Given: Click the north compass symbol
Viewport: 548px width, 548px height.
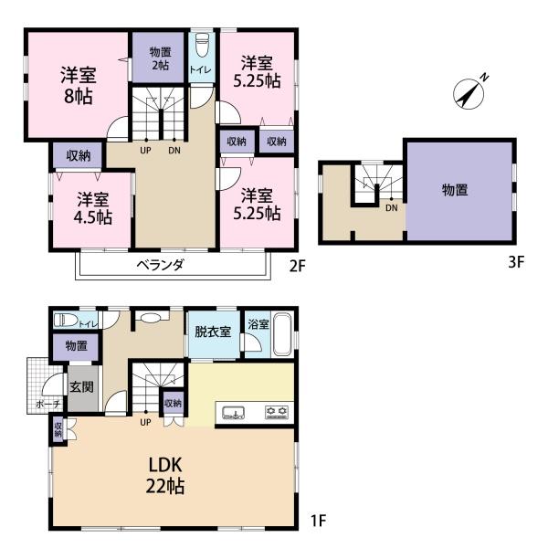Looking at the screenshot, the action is point(469,92).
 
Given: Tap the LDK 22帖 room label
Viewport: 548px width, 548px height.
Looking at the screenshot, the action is point(165,476).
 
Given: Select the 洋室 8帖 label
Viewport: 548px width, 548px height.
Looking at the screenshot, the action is point(79,85).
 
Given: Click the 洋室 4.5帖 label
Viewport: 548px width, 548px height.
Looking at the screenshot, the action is point(93,208).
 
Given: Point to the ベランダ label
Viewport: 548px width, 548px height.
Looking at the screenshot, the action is point(160,265).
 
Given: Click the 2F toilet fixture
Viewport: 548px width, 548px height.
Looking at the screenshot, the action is point(202,46).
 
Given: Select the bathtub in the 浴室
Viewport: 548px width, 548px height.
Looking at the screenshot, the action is point(282,334).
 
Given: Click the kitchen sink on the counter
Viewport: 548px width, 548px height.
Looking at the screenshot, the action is point(233,413).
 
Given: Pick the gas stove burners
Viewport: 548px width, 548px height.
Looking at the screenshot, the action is point(277,413).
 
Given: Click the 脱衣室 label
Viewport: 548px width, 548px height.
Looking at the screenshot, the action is point(213,332).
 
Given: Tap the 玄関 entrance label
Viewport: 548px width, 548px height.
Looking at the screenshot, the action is point(81,387).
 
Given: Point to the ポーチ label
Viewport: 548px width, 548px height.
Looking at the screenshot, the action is point(48,405).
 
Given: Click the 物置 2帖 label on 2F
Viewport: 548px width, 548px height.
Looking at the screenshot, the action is point(161,58).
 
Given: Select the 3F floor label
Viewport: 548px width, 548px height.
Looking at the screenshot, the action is point(516,262).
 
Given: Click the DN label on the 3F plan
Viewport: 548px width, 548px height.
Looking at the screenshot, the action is point(392,208).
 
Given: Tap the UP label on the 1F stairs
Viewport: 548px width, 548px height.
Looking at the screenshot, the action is point(145,422).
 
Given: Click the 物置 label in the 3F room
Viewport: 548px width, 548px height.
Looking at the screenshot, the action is point(455,190).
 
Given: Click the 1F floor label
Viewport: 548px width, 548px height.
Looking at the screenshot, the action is point(319,522).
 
